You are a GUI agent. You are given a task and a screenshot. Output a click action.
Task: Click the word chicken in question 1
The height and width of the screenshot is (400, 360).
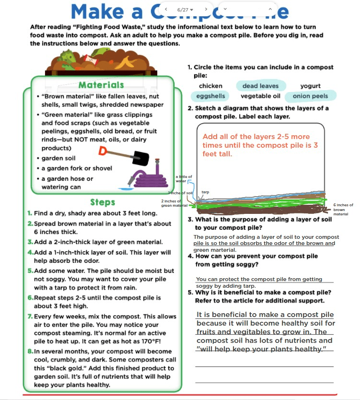coord(210,86)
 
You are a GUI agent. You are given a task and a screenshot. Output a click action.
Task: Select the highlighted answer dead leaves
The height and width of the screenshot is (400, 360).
coord(260,86)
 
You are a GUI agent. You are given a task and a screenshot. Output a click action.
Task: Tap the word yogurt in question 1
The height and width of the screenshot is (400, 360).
coord(310,86)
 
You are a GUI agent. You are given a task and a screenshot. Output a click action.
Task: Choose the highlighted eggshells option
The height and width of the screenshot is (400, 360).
coord(210,96)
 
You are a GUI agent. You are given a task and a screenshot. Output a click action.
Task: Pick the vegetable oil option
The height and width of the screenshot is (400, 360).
coord(260,96)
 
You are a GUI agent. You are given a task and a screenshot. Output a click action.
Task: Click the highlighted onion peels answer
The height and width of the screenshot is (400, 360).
coord(310,96)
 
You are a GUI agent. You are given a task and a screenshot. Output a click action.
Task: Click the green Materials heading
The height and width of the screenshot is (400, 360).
coord(101,85)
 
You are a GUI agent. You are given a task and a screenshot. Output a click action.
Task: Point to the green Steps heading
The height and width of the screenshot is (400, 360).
coord(103,202)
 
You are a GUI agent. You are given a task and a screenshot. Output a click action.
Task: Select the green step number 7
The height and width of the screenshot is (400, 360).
coord(30,317)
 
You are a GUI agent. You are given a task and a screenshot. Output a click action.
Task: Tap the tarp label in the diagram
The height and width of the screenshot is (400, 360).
coord(205,192)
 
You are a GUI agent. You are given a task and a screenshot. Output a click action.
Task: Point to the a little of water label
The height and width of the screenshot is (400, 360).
coord(184,179)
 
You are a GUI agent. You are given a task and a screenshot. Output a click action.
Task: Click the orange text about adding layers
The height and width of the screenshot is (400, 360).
coord(256,145)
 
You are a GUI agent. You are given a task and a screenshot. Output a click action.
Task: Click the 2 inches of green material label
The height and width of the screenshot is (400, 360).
coord(174,203)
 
